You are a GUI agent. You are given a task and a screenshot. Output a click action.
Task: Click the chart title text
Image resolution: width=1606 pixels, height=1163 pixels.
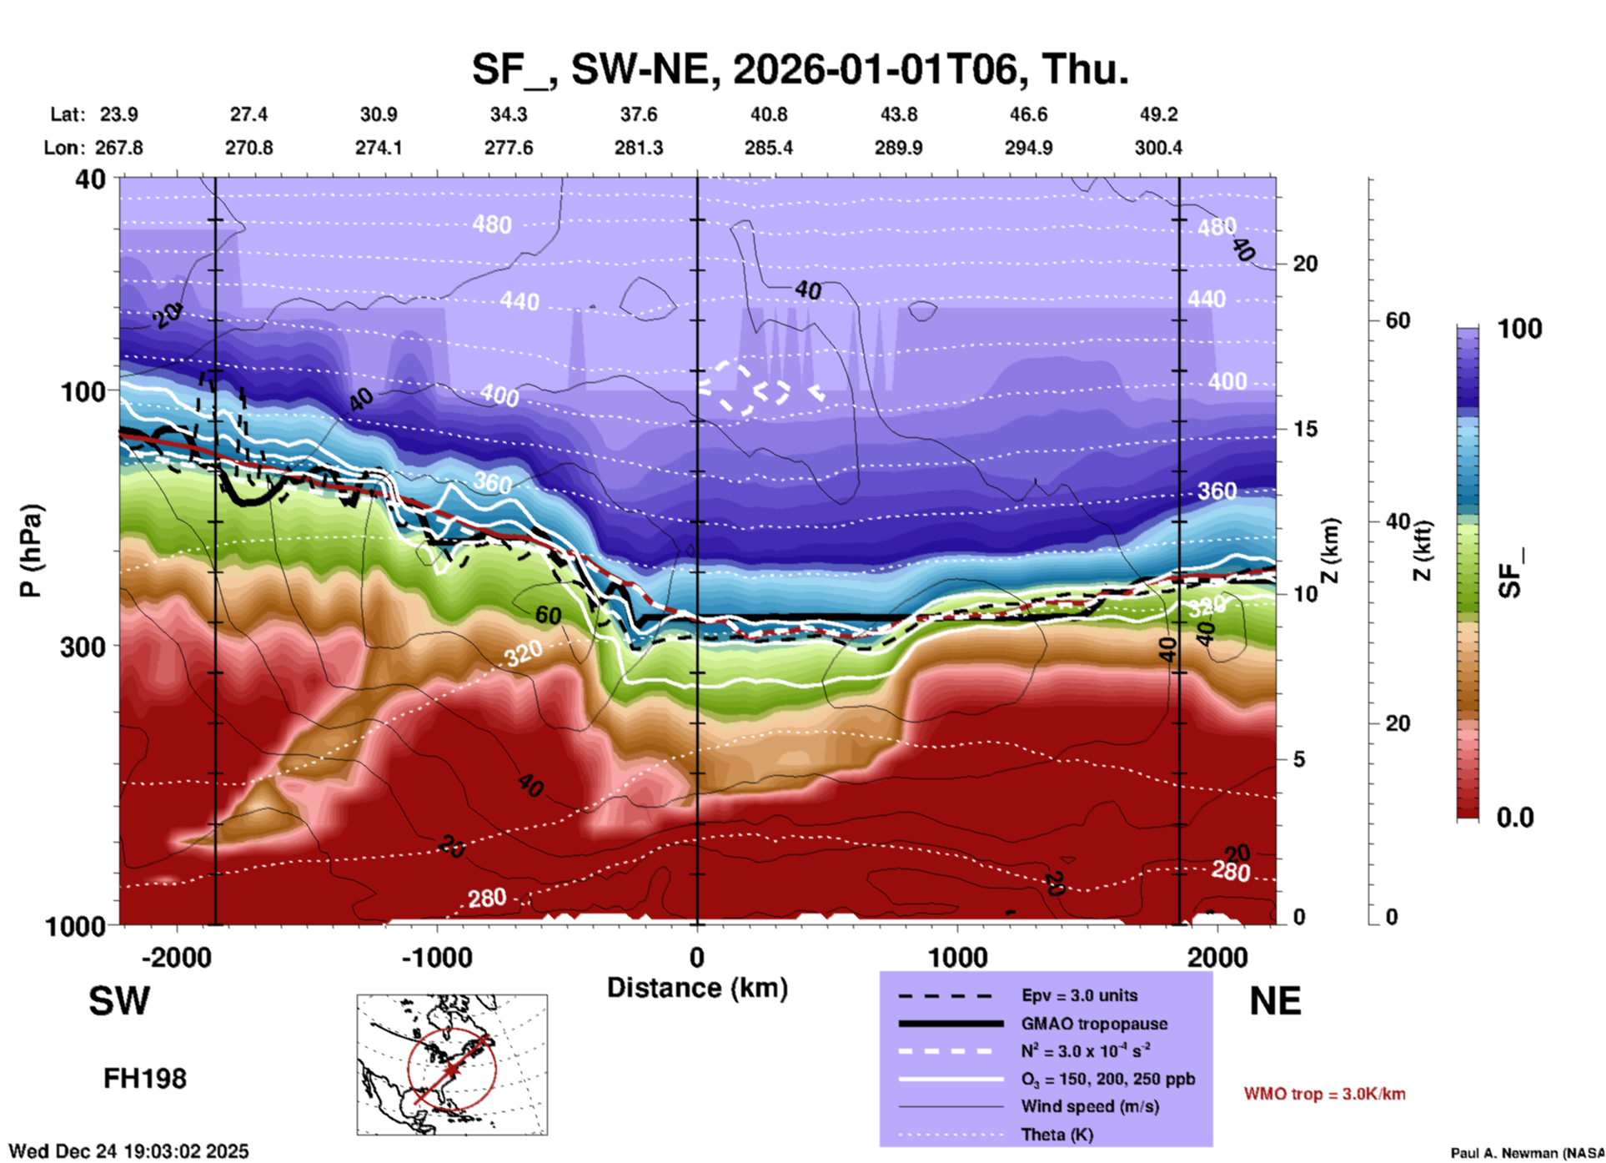800,69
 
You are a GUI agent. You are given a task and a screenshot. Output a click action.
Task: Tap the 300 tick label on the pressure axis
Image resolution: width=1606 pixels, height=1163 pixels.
83,647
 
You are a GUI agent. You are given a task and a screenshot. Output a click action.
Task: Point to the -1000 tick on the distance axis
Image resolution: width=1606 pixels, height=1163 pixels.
437,957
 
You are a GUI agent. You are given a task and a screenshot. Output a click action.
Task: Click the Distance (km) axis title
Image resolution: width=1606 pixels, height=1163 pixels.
697,988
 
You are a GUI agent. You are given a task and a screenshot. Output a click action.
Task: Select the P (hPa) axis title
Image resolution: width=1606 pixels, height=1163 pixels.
31,551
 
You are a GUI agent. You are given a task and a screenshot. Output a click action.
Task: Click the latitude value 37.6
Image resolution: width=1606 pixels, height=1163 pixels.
638,114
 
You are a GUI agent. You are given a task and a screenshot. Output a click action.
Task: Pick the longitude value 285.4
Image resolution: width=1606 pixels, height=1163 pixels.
768,148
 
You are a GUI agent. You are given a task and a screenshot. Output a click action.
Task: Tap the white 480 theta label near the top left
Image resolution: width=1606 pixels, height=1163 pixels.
491,224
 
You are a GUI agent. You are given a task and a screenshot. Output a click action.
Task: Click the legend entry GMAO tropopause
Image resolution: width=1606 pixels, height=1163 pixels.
1094,1024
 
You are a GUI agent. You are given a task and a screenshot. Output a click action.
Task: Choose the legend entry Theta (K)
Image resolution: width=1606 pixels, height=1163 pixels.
1056,1135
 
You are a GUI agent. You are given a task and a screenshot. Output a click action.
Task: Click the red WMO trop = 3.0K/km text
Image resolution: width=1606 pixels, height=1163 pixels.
1324,1094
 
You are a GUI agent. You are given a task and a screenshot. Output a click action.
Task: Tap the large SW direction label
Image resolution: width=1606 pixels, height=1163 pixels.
119,1001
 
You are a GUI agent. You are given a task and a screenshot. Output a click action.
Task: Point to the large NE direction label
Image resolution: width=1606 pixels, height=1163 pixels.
1275,1001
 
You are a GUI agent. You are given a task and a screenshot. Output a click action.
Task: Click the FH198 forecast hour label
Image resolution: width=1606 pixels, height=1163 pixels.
145,1079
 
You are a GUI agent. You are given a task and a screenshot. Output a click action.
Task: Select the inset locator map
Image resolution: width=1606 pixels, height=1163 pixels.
452,1065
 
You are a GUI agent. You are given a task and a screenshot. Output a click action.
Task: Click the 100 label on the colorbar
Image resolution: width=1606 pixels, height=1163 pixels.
1519,329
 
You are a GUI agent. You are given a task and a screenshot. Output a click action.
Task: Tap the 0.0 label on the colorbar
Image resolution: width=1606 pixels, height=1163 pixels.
1515,817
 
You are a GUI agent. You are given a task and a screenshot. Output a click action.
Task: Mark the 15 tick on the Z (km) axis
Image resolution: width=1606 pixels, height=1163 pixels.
1304,429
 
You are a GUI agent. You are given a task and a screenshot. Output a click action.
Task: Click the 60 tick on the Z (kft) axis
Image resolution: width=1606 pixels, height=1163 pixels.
1398,320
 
